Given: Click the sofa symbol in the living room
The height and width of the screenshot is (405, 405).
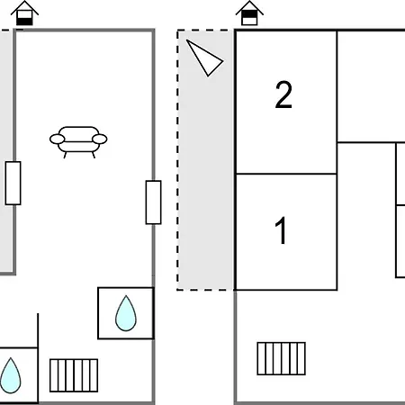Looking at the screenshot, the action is click(x=78, y=141).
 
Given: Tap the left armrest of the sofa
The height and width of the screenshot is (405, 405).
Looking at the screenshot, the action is click(x=57, y=139).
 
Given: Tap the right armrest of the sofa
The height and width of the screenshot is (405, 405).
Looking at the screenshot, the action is click(x=100, y=139).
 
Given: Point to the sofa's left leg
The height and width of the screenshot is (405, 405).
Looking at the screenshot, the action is click(x=65, y=155).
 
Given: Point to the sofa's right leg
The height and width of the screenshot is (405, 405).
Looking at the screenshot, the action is click(x=94, y=155).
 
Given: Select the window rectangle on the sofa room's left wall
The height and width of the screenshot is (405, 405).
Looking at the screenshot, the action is click(x=13, y=184).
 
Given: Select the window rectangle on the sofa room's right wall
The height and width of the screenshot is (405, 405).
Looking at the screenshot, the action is click(x=153, y=202).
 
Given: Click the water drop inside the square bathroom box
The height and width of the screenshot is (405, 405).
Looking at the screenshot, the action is click(x=126, y=313).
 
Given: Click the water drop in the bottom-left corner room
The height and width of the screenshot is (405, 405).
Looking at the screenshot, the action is click(x=11, y=375).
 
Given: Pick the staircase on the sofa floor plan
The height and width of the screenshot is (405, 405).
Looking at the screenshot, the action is click(x=74, y=375).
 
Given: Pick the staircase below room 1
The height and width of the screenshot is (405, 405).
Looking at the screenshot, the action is click(x=282, y=358).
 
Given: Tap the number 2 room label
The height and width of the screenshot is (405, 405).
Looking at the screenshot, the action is click(x=283, y=94).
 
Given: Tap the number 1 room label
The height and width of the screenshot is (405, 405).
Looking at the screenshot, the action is click(x=282, y=230).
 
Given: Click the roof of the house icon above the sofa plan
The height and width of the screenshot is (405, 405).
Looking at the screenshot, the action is click(x=24, y=7).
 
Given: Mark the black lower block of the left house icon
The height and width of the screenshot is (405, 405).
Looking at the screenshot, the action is click(x=24, y=22).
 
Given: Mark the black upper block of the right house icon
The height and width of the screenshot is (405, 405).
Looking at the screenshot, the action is click(x=249, y=14).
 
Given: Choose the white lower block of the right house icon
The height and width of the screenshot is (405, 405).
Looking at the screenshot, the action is click(x=249, y=22).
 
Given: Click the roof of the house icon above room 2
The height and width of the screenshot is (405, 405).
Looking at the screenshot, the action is click(x=249, y=7).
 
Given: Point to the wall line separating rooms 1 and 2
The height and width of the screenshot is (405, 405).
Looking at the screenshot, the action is click(x=286, y=174).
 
